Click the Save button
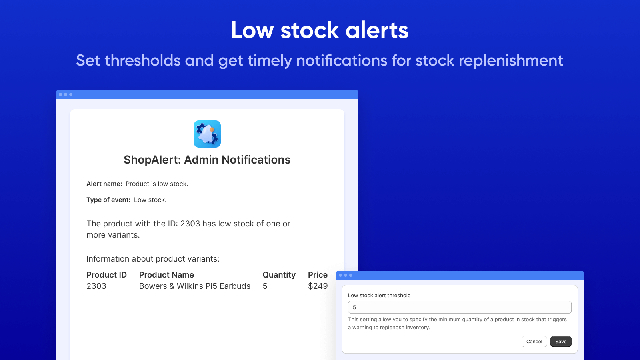point(561,342)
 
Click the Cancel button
point(534,342)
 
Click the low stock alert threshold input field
point(460,307)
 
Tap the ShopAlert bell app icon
point(207,134)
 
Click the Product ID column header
point(106,275)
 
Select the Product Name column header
point(166,275)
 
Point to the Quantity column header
point(279,275)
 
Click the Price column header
point(318,275)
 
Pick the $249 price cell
point(318,286)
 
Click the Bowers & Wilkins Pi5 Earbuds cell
point(195,286)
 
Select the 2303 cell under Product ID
point(96,286)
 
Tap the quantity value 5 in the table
point(265,286)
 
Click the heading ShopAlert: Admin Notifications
point(207,160)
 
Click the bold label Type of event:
point(108,200)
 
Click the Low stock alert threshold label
point(379,296)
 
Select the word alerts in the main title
point(377,30)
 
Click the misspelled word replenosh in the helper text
point(392,328)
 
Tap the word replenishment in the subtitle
point(511,61)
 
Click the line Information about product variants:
point(153,259)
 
